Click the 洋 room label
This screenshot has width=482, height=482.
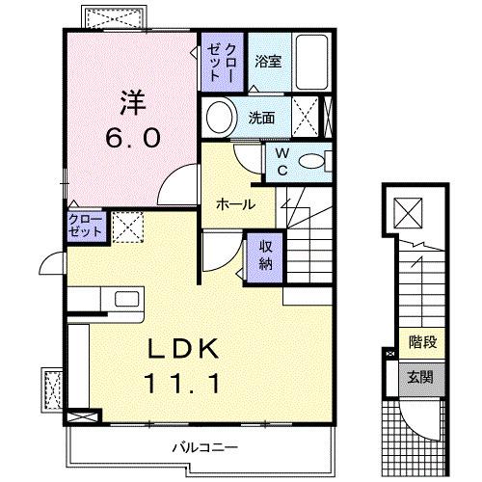[133, 101]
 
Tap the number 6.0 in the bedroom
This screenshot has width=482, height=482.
[133, 137]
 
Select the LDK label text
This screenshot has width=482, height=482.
[185, 348]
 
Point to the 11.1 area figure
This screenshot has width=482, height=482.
[185, 384]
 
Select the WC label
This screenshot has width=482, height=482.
[282, 160]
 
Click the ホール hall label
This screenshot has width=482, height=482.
[235, 204]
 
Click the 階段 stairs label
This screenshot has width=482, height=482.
[421, 340]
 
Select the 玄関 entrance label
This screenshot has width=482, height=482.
[421, 376]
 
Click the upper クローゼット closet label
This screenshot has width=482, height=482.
[223, 61]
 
